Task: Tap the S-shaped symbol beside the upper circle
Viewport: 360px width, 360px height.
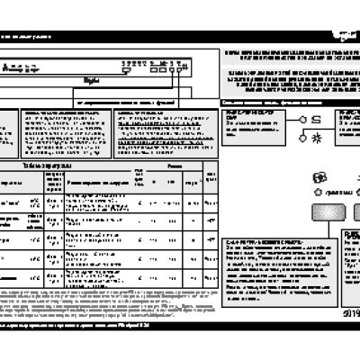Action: tap(317, 119)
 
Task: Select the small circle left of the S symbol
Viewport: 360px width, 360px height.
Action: tap(303, 120)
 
